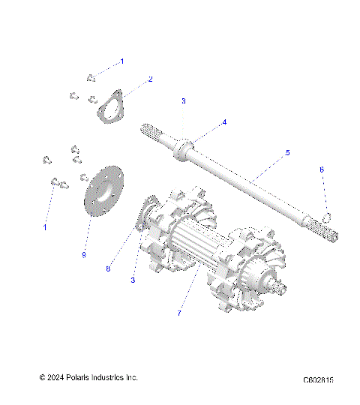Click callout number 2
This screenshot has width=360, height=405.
(x=150, y=79)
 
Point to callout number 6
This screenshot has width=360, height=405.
(x=322, y=190)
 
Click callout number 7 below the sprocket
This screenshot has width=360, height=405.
(x=178, y=313)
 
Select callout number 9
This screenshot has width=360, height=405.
(x=83, y=255)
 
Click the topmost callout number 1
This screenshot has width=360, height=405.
(x=123, y=60)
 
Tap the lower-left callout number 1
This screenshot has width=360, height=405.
(x=44, y=226)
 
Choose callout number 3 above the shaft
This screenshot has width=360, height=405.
(x=183, y=100)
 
